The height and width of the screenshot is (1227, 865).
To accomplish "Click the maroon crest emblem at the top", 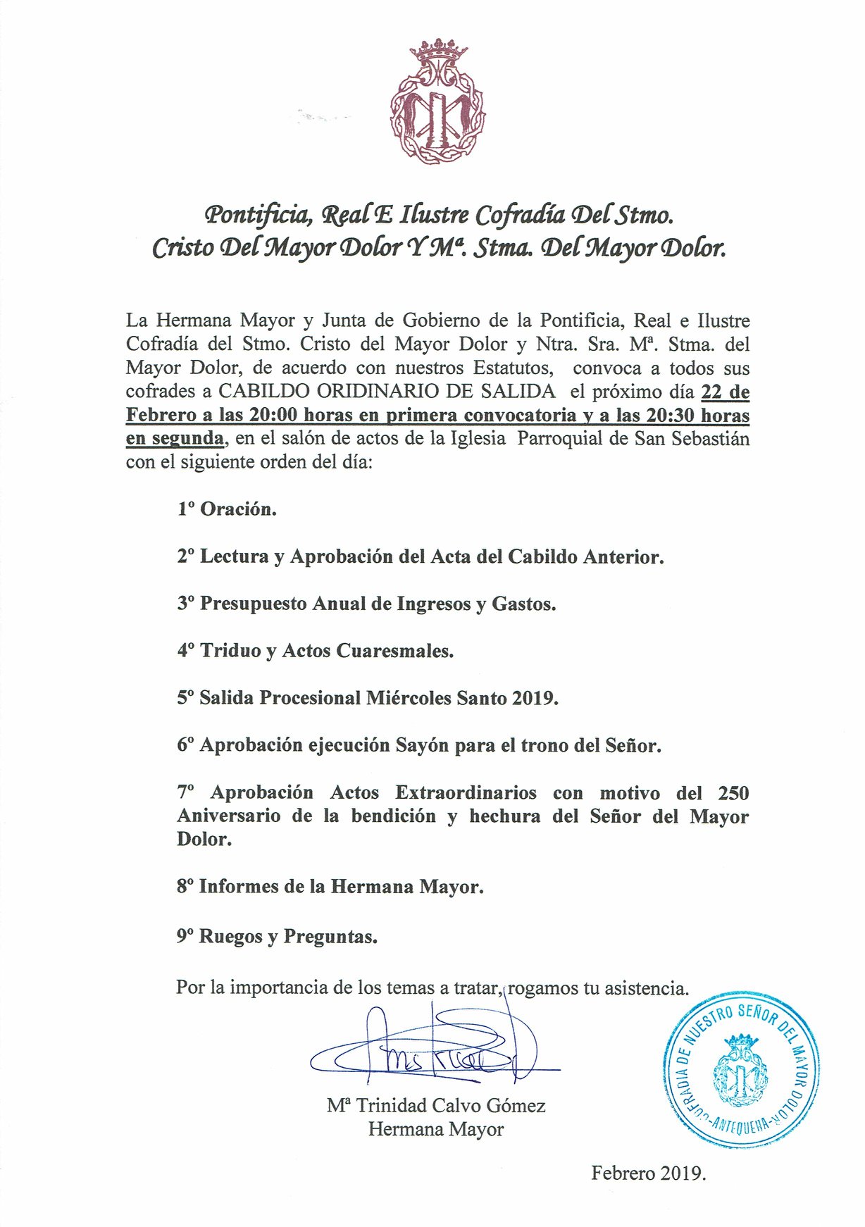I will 437,103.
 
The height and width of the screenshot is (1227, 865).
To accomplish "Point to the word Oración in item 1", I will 238,509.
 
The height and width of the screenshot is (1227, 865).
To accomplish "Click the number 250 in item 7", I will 733,793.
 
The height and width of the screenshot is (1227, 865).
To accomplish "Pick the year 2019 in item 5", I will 535,698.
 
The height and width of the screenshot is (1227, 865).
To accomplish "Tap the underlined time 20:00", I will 273,416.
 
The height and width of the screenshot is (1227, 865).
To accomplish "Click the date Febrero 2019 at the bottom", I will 648,1173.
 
